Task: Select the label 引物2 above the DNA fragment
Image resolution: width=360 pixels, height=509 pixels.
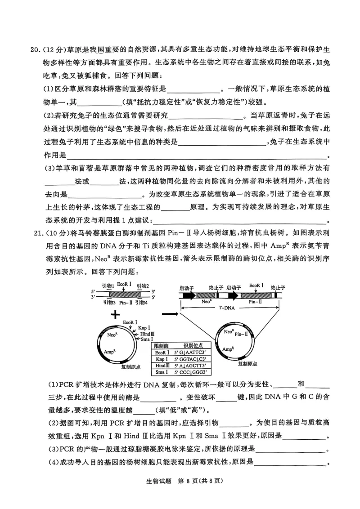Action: [143, 286]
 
